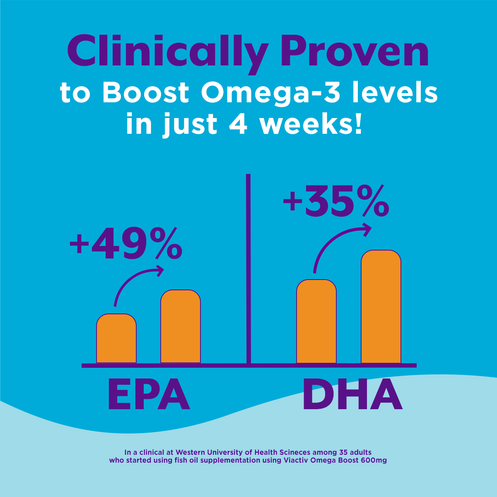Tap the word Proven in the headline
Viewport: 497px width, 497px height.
point(355,52)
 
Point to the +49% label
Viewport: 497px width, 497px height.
point(125,245)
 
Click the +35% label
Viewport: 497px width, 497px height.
point(336,202)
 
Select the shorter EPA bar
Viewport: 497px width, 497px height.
point(116,339)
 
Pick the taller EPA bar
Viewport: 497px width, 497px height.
point(181,327)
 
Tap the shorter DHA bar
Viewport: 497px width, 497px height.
point(316,322)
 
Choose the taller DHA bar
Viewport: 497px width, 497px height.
point(381,307)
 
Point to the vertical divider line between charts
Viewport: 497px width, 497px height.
point(248,269)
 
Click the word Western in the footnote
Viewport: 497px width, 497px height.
point(193,452)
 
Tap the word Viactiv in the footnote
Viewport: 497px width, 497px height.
point(299,460)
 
